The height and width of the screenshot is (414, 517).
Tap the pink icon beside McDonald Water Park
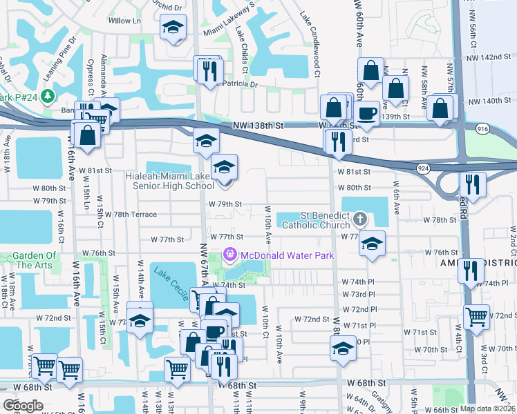pos(230,255)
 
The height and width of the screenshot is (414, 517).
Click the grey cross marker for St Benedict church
pos(359,219)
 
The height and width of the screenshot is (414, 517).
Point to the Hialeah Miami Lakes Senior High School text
pos(169,181)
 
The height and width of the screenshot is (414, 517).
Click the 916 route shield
pos(482,129)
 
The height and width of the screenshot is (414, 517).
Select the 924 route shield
pos(422,168)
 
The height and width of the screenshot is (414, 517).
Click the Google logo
pos(23,406)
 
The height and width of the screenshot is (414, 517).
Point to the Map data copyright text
pos(487,408)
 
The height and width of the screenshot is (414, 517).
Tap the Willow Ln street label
pos(124,21)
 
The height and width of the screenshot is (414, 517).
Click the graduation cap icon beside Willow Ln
pos(172,28)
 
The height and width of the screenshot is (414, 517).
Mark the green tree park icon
pos(48,95)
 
